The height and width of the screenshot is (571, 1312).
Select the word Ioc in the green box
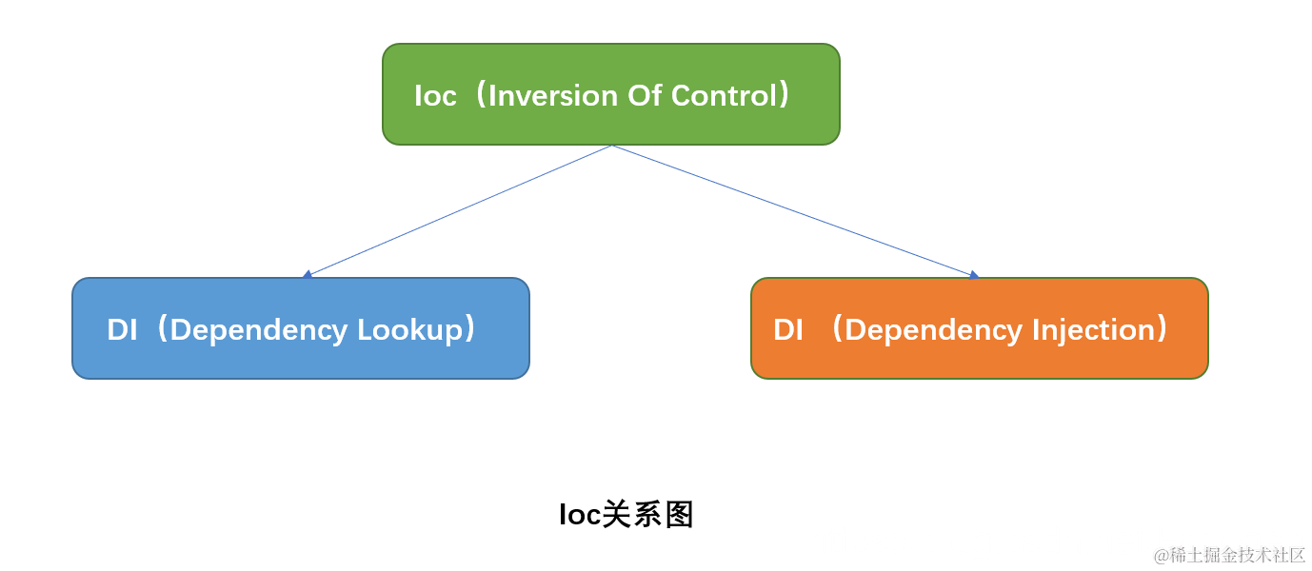click(435, 95)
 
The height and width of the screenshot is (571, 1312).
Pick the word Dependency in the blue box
click(259, 330)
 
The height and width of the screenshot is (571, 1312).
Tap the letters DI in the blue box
click(122, 329)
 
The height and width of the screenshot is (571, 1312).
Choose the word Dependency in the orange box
click(933, 330)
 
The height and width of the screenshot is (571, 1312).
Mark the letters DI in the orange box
click(788, 329)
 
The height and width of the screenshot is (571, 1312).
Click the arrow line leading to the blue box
click(457, 210)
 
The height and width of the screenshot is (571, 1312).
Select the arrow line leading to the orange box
click(795, 210)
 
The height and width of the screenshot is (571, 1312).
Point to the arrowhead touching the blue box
click(307, 275)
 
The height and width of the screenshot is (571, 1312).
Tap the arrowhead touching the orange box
click(974, 275)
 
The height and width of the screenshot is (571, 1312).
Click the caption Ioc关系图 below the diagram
click(626, 515)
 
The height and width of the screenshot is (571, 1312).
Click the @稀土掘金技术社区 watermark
click(1229, 555)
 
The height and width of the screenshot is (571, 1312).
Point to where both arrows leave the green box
click(611, 146)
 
